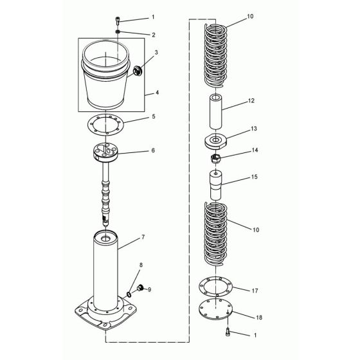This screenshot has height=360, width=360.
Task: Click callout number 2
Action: coord(153,34)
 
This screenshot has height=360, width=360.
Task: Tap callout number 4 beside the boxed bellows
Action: coord(157,92)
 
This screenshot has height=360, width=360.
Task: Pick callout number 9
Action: coord(150,289)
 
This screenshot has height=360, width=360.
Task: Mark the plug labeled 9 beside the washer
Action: coord(137,290)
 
